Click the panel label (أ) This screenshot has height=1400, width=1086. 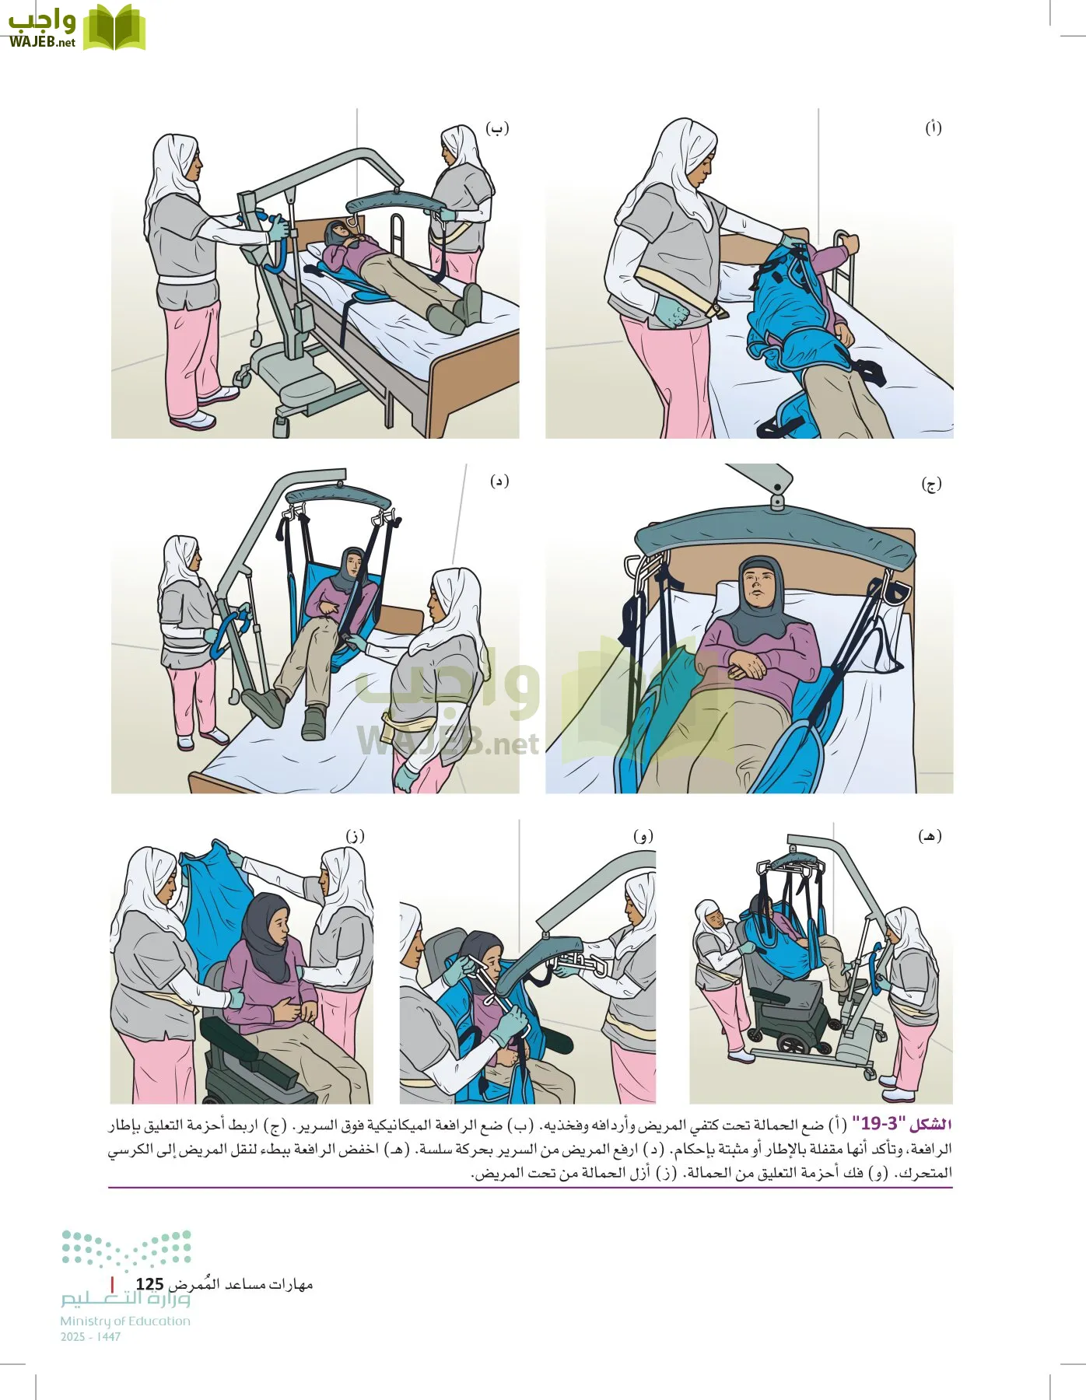pos(933,128)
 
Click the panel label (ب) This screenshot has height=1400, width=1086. pos(497,128)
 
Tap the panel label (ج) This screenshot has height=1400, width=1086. pos(931,485)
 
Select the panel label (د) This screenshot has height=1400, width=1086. pos(499,481)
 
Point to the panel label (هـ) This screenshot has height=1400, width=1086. pos(930,836)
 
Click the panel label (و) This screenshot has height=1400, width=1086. pos(643,836)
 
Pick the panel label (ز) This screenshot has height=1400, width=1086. pos(355,836)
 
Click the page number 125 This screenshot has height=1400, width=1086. pos(149,1284)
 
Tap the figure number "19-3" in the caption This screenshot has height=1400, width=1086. pos(879,1125)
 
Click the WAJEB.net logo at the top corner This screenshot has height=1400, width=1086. pos(75,29)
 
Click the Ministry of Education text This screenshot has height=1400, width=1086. pos(125,1321)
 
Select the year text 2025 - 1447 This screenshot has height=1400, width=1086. pos(90,1337)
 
